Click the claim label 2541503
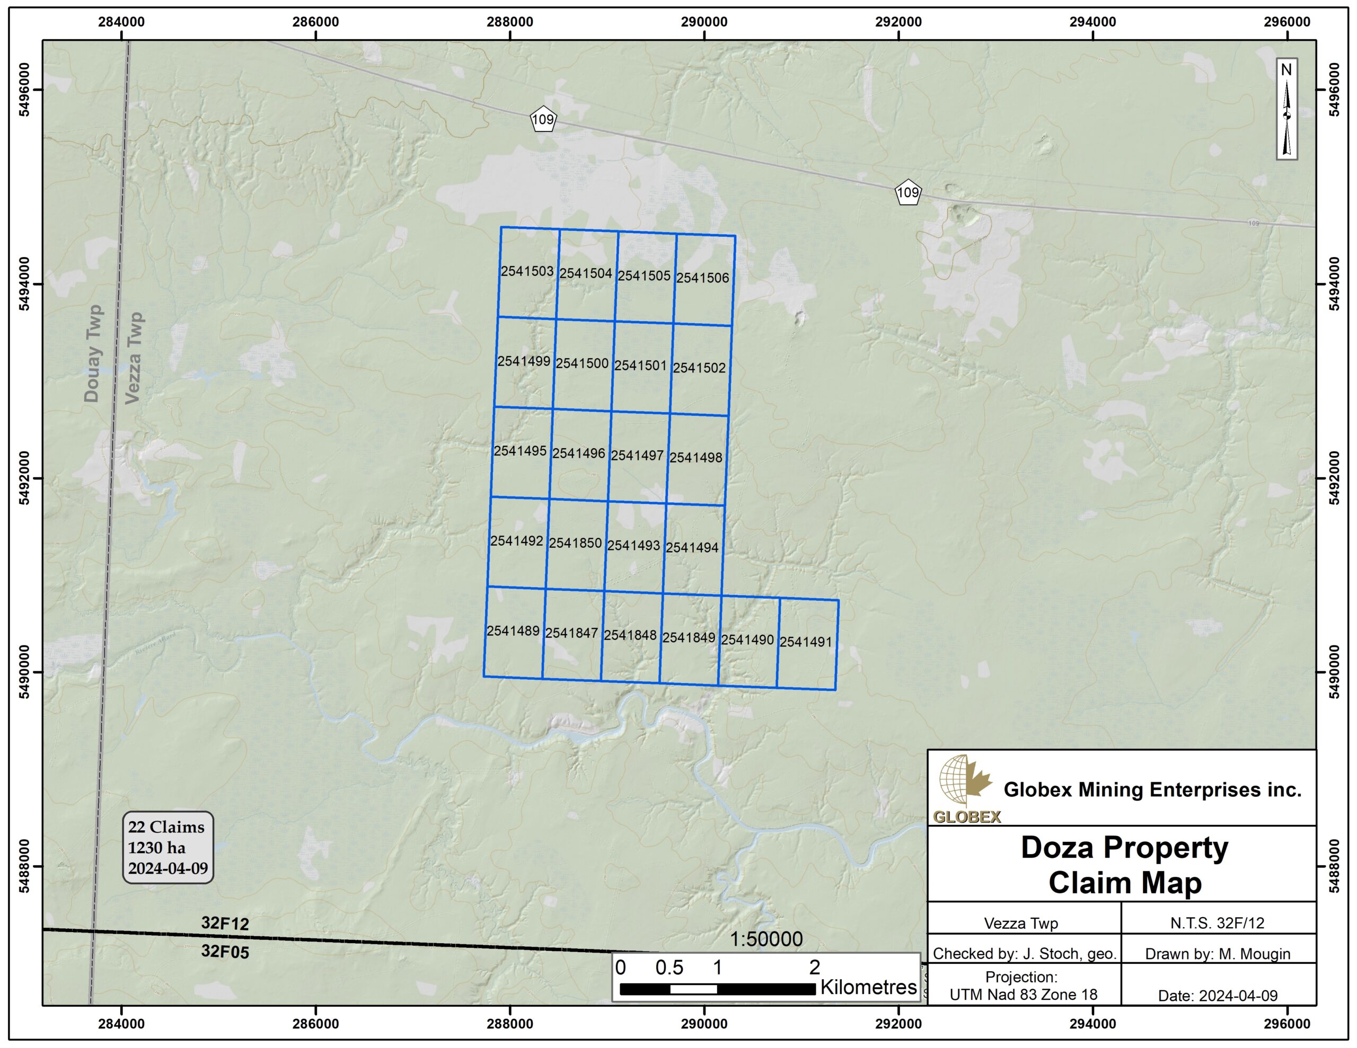(x=527, y=271)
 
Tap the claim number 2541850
(x=575, y=543)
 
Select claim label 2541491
(x=805, y=642)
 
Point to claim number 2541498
(x=695, y=458)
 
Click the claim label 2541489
(x=513, y=631)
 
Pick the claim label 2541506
(x=702, y=278)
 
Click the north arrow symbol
(x=1287, y=109)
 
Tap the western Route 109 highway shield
(x=543, y=119)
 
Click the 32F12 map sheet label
(x=225, y=923)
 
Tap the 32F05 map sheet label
(x=225, y=951)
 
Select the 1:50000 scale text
(x=765, y=939)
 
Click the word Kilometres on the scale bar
(x=868, y=987)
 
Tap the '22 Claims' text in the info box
(x=166, y=827)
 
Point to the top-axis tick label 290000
(x=704, y=22)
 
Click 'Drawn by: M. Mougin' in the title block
(x=1217, y=954)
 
